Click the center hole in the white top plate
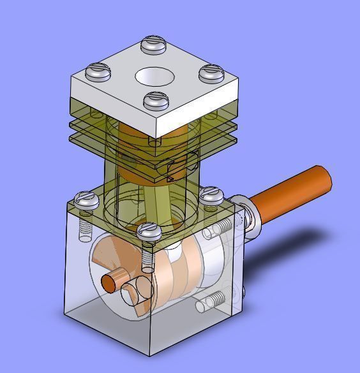point(155,77)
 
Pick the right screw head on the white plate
point(211,73)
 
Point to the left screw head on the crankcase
point(86,200)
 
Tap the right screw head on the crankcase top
point(211,196)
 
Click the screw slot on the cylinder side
point(176,168)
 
